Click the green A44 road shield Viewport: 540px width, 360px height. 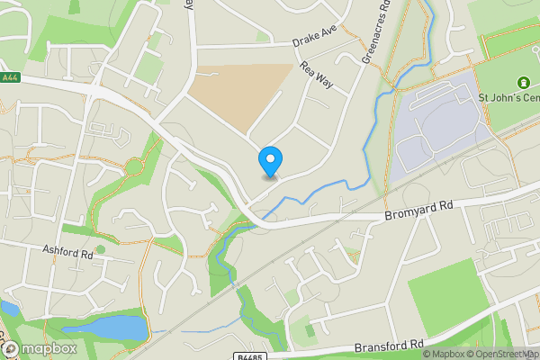click(11, 78)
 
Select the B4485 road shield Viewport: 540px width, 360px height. click(252, 354)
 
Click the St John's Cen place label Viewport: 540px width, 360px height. click(508, 97)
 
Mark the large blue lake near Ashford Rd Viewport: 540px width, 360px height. click(117, 328)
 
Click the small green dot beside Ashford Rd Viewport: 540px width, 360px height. click(101, 249)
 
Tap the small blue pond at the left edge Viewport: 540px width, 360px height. click(8, 310)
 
